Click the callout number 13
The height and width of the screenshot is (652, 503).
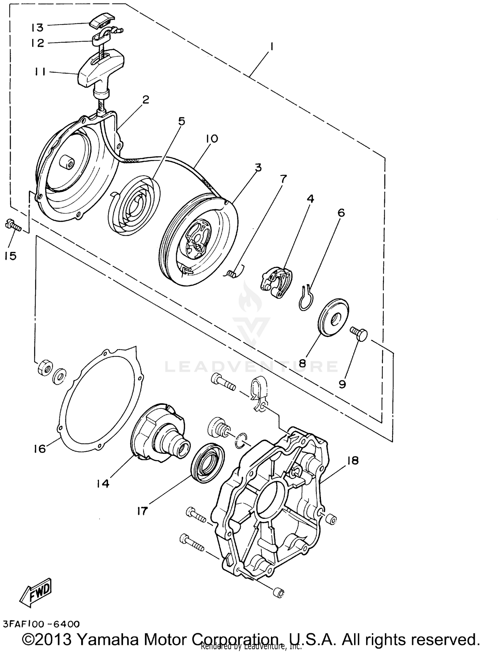point(38,27)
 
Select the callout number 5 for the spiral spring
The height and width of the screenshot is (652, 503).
point(181,121)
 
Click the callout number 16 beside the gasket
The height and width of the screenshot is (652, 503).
point(40,448)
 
